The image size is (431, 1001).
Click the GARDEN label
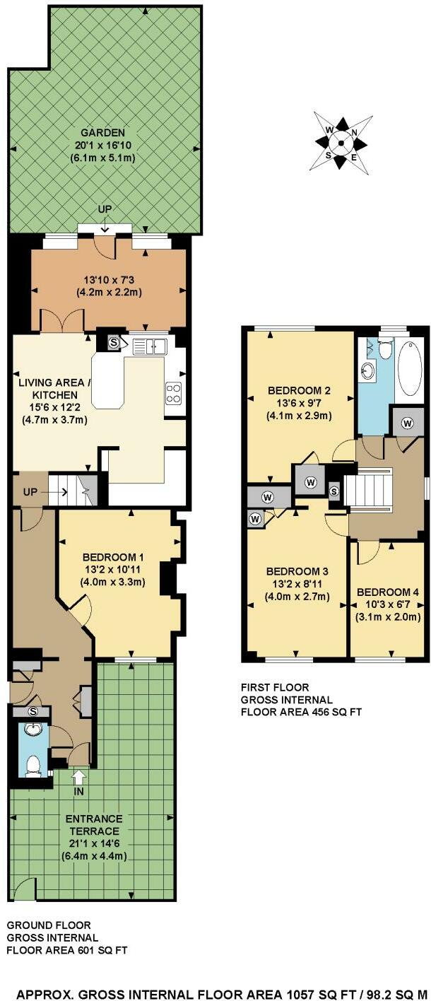102,133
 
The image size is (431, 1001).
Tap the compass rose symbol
341,143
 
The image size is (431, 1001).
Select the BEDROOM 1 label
113,557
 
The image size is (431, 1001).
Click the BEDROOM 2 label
299,390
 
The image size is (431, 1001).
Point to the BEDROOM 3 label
297,571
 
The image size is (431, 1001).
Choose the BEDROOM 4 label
388,592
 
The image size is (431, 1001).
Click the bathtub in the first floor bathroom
410,368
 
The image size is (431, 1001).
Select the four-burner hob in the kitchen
173,393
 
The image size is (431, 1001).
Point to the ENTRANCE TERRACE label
94,825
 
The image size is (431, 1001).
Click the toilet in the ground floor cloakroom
33,764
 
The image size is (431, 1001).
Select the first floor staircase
367,489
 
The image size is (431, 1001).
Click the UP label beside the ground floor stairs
30,493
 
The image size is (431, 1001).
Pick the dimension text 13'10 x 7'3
110,280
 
